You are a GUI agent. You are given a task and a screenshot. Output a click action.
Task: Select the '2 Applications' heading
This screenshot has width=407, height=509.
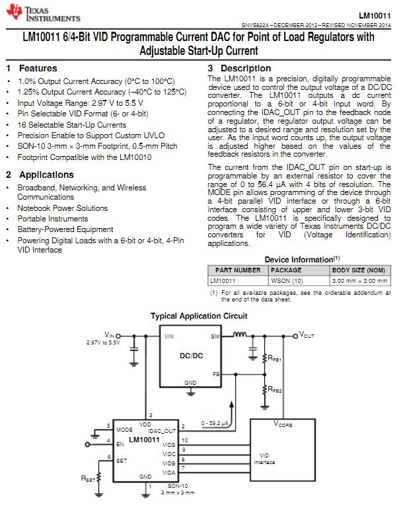tap(40, 175)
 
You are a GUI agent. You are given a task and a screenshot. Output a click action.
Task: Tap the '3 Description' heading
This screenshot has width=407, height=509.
tap(239, 69)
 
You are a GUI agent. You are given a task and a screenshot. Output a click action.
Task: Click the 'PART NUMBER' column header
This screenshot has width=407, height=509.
tap(238, 270)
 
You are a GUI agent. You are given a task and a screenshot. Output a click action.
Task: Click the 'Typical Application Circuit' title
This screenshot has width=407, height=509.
tap(199, 316)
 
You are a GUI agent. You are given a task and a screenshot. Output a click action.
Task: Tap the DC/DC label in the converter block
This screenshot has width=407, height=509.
tap(192, 356)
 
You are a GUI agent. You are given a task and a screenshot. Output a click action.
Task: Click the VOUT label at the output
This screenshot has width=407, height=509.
tap(307, 336)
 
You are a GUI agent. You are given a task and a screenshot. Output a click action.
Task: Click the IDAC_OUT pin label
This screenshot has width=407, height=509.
tap(166, 430)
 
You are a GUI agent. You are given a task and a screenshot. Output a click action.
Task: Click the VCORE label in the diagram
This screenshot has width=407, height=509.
tap(283, 424)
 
